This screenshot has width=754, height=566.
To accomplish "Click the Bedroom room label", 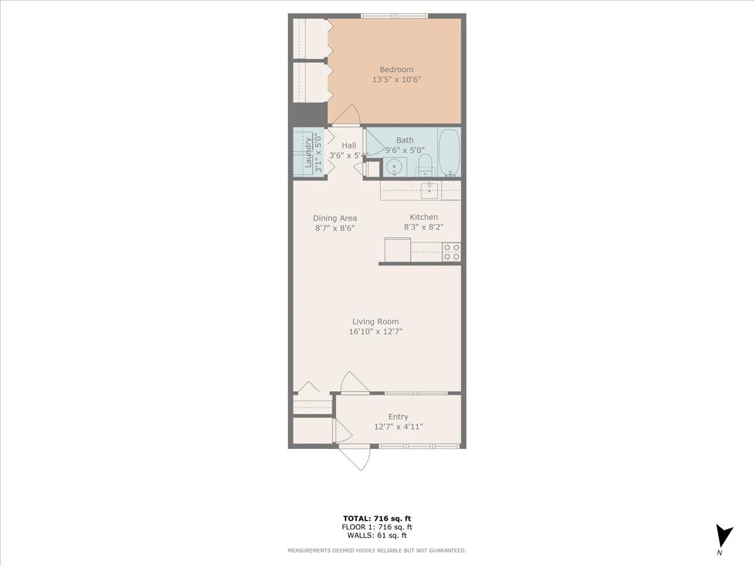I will pos(396,69).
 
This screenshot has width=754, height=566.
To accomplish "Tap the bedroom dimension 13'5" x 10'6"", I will pos(396,80).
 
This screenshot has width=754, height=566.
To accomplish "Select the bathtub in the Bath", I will pos(449,152).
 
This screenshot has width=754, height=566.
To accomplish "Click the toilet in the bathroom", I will pos(425,165).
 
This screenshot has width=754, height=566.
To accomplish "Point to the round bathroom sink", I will pos(394,167).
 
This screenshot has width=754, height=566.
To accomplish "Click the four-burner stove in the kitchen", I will pos(451,252).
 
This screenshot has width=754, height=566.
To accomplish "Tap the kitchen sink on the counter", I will pos(429,190).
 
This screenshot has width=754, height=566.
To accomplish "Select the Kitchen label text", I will pos(423,217).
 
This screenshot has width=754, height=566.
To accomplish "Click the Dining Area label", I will pos(335,218).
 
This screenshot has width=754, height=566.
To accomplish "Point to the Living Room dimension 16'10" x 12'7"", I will pos(376,331).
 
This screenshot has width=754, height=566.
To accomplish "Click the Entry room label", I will pos(398,416).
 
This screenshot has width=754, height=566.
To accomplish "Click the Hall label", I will pos(349,145).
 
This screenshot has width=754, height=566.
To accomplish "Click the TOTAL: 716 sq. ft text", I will pos(377,518).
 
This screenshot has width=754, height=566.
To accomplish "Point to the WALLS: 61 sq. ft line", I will pos(377,536).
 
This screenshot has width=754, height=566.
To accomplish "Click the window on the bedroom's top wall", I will pos(395,16).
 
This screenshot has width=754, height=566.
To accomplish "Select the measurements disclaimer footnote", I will pos(377,551).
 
